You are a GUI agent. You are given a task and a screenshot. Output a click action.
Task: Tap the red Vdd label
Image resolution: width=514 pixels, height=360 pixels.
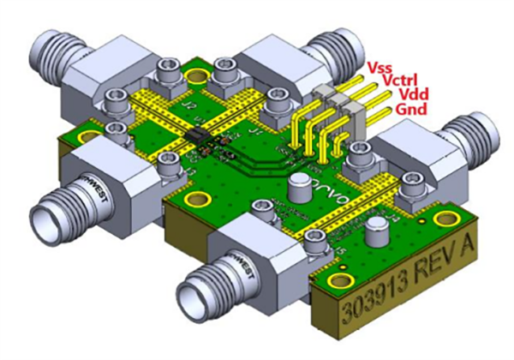pos(403,94)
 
